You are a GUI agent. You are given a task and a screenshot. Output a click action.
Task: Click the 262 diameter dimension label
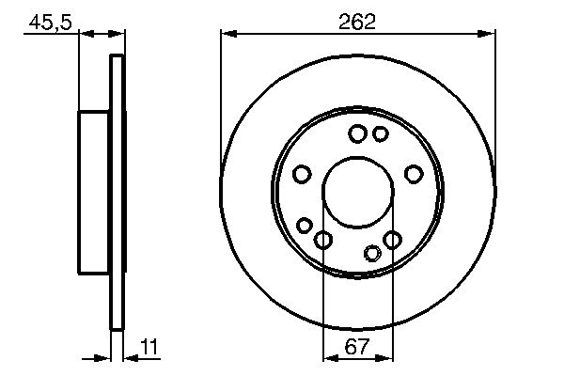357,22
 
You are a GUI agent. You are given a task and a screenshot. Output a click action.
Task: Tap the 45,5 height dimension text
49,22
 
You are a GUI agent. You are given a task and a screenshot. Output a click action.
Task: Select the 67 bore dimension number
356,346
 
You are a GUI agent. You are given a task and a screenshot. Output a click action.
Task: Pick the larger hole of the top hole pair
357,134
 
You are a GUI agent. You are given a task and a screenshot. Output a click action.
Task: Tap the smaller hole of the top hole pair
380,134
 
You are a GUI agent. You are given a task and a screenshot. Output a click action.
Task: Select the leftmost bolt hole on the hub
302,174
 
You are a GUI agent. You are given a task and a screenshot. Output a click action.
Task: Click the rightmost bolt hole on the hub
412,174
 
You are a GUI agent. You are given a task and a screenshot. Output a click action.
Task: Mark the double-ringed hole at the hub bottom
372,252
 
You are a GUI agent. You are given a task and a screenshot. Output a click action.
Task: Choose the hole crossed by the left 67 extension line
322,241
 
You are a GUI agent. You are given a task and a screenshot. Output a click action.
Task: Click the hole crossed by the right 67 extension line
391,241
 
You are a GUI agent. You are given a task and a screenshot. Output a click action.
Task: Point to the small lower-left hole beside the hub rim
305,225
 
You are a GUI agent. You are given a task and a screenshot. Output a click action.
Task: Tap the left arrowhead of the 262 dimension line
227,34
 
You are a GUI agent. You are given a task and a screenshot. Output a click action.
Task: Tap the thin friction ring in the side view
117,192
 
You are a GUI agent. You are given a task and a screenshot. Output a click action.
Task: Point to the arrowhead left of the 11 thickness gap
105,357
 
